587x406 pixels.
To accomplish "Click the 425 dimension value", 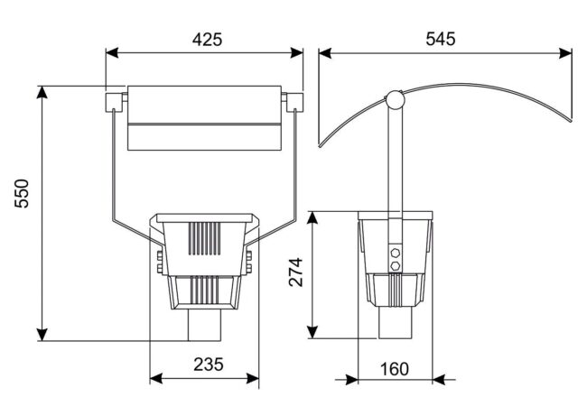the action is click(207, 40).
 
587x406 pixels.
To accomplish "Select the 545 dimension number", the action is click(441, 39).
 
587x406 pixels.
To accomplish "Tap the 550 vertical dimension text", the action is click(22, 194).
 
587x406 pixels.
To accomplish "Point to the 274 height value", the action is click(295, 272).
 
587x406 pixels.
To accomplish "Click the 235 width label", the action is click(209, 364).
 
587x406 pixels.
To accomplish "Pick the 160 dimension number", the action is click(395, 369).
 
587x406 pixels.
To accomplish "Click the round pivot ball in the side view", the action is click(396, 99).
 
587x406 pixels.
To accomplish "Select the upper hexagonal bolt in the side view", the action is click(395, 253).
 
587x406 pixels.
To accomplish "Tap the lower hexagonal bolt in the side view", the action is click(395, 266).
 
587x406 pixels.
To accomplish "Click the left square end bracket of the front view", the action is click(114, 102).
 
